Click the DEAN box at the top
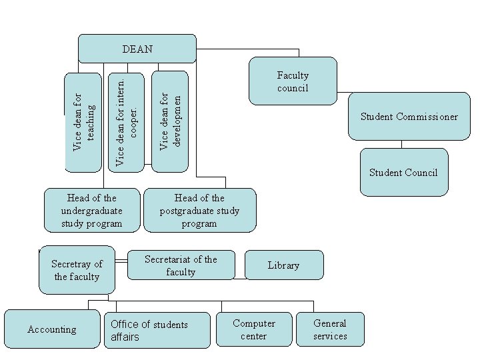137,49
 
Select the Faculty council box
293,81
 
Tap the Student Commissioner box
409,117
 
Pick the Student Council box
403,173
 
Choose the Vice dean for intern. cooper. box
127,121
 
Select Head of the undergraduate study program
92,210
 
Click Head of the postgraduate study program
199,210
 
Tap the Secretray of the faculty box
77,270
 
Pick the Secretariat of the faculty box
181,265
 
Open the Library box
283,265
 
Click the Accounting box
52,329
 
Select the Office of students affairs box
157,330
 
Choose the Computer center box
254,329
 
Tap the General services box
330,329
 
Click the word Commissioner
427,117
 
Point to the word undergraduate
91,211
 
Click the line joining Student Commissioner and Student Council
401,144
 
